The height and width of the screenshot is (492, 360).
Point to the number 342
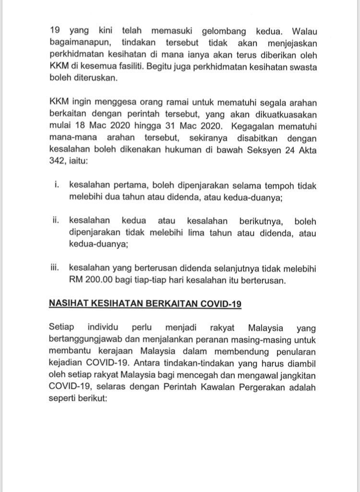pos(57,163)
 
